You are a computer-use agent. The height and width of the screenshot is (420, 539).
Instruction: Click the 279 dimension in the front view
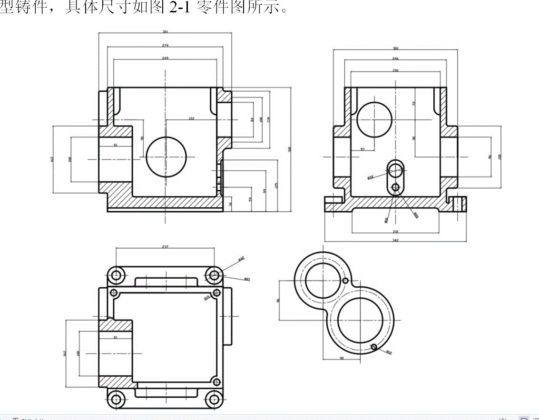click(165, 45)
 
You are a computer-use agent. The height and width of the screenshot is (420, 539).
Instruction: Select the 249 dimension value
click(165, 58)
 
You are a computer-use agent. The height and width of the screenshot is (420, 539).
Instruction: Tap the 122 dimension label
click(191, 118)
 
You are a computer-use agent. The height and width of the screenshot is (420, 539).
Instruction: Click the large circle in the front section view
click(166, 157)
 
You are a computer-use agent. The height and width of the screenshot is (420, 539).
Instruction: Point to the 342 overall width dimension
click(395, 240)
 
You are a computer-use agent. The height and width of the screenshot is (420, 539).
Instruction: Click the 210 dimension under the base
click(395, 231)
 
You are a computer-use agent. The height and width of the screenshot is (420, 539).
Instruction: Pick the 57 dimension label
click(363, 149)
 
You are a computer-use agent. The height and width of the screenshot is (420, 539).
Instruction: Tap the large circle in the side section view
click(374, 119)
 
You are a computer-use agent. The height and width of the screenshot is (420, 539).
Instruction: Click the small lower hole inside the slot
click(395, 188)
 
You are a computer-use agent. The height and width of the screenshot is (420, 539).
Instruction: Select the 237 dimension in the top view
click(165, 247)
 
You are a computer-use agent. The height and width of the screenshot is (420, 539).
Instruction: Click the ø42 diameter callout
click(241, 259)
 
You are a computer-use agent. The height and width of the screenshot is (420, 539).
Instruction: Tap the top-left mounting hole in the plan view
click(116, 275)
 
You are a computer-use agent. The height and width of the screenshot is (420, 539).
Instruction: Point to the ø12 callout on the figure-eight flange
click(389, 352)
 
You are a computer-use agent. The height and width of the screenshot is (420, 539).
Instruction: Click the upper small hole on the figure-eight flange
click(345, 281)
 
